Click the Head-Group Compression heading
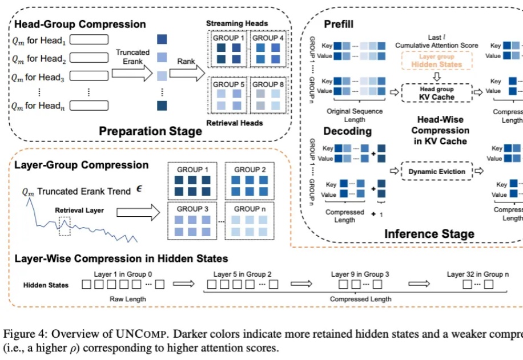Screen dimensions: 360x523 coord(79,25)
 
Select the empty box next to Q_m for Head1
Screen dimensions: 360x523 coord(91,41)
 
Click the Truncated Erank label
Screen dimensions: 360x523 coord(132,56)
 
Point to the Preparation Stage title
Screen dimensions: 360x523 coord(150,131)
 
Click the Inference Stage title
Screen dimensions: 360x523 coord(429,234)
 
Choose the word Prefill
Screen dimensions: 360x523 coord(339,25)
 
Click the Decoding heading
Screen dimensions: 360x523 coord(347,131)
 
